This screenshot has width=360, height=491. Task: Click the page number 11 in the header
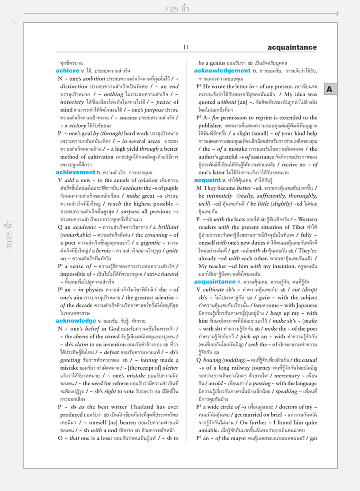pos(186,47)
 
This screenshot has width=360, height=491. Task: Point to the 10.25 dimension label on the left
pos(8,246)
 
